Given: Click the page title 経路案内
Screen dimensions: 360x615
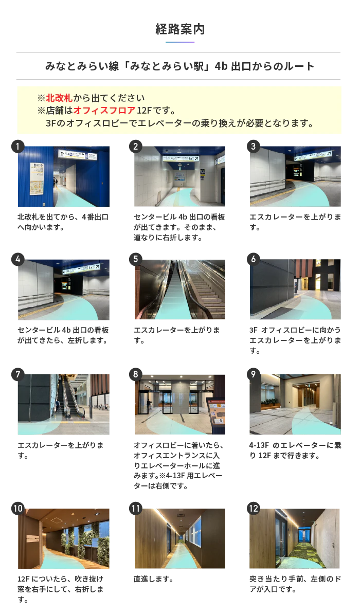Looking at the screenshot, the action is coord(180,29).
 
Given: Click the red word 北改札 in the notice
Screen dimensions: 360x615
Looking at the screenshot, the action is coord(59,98).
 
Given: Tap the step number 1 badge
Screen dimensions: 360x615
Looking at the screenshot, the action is coord(17,147).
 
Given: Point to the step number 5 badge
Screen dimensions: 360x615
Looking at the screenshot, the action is coord(136,259).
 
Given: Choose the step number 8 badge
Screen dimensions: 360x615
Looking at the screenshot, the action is coord(136,374).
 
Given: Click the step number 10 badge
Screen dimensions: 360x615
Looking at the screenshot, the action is coord(18,509).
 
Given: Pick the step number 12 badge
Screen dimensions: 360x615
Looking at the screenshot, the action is coord(254,509).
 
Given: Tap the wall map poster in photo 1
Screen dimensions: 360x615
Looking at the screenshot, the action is coord(36,178).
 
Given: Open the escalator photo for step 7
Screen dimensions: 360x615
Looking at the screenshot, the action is coord(64,404).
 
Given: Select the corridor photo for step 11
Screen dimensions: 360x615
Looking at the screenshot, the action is coord(179,538).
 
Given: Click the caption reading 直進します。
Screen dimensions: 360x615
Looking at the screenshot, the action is coord(153,579).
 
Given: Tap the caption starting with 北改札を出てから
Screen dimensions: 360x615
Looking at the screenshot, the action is coord(63,222).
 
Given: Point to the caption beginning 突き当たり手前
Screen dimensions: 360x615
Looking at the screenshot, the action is coord(295,584).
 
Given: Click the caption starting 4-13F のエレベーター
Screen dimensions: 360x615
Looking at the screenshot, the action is coord(295,450).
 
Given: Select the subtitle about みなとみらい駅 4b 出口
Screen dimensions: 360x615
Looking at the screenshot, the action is coord(179,66).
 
